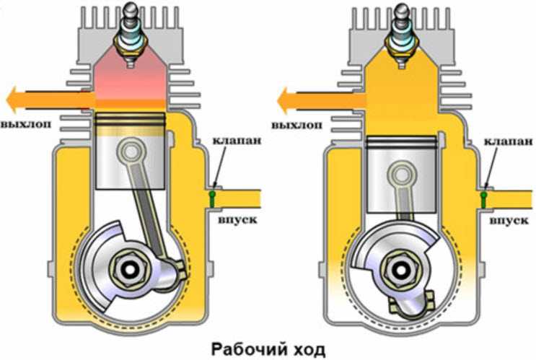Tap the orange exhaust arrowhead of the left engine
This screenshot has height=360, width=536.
point(12,100)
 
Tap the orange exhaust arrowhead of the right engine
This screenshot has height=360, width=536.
point(284,100)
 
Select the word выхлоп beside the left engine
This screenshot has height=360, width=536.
point(26,124)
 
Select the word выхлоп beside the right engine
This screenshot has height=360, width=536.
point(296,125)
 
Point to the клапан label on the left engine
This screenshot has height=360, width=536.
point(237,140)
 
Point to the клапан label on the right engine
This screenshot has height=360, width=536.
point(509,141)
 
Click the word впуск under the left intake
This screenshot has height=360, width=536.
point(237,219)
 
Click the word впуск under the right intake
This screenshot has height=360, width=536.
point(509,221)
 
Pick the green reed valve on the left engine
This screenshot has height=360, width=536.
point(212,199)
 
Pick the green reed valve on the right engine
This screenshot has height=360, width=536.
point(484,200)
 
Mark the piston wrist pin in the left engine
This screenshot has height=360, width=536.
point(131,151)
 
